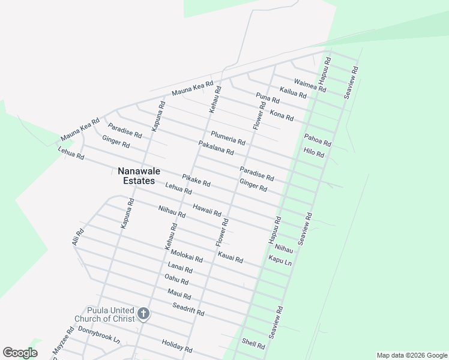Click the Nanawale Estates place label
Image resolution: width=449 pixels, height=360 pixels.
pos(136,176)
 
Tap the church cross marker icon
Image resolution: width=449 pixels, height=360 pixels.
pos(143,313)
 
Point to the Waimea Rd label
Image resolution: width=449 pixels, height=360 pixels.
pos(310,85)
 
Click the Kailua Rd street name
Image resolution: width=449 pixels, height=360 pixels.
pos(293,92)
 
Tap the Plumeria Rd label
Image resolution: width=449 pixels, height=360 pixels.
pos(228,138)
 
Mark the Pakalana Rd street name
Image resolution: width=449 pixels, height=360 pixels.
pos(215,148)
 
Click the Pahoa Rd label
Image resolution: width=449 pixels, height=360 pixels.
pos(318,140)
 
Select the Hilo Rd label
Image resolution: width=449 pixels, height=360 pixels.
pos(313,152)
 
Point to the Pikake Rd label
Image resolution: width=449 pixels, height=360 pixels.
pos(196,179)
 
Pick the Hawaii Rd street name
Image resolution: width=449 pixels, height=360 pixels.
pos(207,210)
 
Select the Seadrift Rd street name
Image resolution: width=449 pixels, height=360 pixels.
pos(188,310)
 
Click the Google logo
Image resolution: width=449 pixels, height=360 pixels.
pos(20,353)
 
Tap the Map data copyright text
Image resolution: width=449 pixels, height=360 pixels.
pos(411,355)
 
